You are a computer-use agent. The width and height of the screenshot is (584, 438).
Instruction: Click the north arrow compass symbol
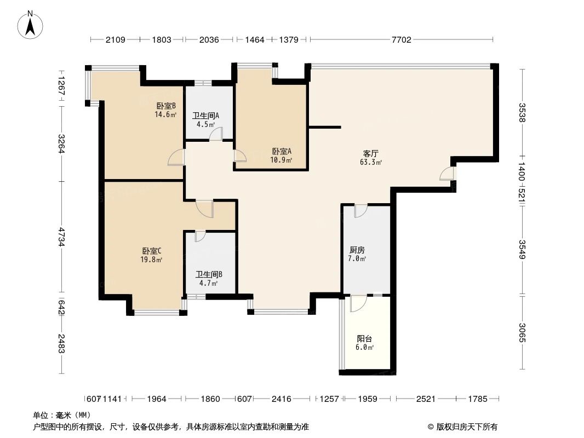click(x=32, y=24)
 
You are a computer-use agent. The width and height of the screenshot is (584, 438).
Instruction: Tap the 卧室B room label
click(x=165, y=106)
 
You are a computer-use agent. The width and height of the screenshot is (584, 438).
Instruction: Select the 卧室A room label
click(x=281, y=152)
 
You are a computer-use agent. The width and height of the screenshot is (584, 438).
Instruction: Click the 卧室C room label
click(x=151, y=251)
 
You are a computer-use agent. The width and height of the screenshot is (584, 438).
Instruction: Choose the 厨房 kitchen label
click(x=357, y=250)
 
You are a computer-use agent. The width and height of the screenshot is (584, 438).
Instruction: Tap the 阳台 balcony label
click(x=365, y=339)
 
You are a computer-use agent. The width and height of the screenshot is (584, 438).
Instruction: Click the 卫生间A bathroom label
click(x=205, y=116)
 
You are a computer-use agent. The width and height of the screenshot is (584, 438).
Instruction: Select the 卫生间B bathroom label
click(x=209, y=274)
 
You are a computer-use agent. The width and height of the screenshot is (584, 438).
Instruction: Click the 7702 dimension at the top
click(x=401, y=39)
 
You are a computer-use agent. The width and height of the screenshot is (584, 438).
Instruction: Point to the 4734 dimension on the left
click(x=61, y=237)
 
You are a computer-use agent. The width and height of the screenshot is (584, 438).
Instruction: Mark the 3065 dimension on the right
click(x=522, y=332)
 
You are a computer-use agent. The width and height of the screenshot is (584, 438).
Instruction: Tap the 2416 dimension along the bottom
click(x=282, y=399)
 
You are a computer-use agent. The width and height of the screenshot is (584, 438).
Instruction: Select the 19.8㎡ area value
click(x=151, y=260)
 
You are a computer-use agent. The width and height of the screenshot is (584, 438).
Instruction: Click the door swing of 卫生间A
click(x=217, y=135)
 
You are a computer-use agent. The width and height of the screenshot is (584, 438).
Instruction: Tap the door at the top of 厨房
click(x=360, y=210)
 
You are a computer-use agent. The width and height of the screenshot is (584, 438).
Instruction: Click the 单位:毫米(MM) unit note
click(x=62, y=415)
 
